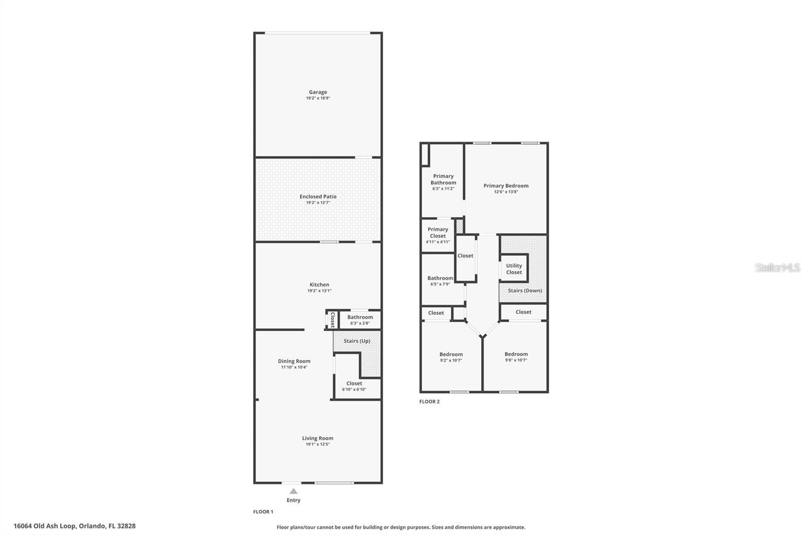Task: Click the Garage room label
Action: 318,92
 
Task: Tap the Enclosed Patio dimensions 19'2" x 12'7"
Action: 318,203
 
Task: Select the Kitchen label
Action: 319,285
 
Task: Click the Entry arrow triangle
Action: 293,491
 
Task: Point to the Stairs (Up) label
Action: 357,341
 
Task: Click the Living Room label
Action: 317,438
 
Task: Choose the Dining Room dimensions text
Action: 294,367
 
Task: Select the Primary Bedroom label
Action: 506,186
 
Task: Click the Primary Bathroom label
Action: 443,179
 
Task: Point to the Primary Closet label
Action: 438,232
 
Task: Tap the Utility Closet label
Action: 514,269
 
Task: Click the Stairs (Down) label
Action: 525,291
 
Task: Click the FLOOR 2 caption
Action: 430,402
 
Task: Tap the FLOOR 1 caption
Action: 263,512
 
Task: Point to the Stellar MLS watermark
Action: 777,268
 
